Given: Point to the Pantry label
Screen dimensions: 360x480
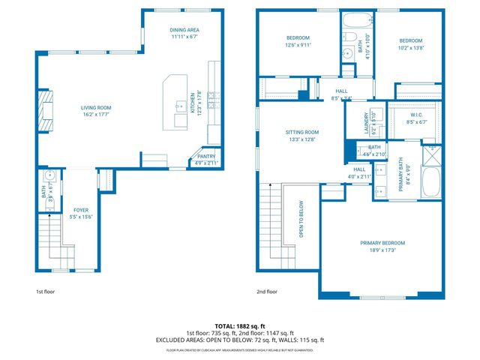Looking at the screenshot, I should (x=206, y=158).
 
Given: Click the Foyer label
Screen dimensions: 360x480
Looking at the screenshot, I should (x=80, y=213).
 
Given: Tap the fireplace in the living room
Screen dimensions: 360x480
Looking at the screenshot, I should (x=47, y=106).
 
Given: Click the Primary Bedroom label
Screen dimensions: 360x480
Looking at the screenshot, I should (x=382, y=246).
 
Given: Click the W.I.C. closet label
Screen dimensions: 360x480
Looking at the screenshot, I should (x=416, y=118).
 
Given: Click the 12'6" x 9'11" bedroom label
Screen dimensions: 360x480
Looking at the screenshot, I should (x=298, y=41).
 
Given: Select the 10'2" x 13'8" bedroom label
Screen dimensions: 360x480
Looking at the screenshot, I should (x=410, y=43).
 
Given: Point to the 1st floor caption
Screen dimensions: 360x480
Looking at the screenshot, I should (x=46, y=291).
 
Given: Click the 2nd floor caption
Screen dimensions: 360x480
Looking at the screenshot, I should (x=267, y=291).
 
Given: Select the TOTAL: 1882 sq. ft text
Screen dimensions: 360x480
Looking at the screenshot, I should (x=240, y=326).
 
